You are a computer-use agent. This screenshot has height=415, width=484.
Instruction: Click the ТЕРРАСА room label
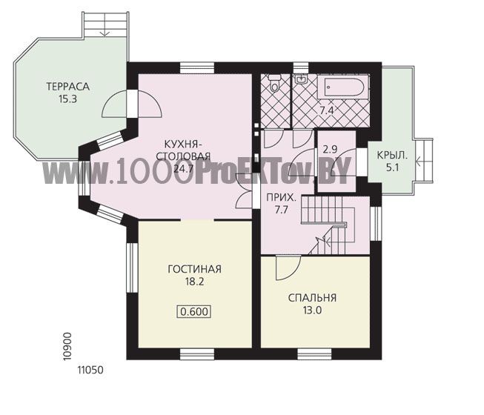click(x=68, y=87)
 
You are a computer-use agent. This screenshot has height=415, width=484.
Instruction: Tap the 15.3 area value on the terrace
click(x=67, y=99)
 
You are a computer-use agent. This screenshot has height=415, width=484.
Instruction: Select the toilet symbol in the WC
click(x=274, y=83)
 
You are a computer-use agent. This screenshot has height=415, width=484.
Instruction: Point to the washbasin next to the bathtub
click(x=301, y=79)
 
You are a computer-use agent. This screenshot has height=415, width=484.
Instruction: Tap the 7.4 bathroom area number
click(x=327, y=110)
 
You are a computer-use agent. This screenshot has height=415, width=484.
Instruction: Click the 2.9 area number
click(x=330, y=150)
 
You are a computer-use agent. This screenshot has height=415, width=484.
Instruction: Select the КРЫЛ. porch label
click(x=392, y=155)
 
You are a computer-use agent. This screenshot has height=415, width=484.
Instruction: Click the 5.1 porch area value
click(x=392, y=167)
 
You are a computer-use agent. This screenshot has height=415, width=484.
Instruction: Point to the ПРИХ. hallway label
click(x=281, y=197)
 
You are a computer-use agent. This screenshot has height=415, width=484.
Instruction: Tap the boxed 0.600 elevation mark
click(x=194, y=312)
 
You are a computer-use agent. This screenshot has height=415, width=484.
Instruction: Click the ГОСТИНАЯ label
click(x=194, y=269)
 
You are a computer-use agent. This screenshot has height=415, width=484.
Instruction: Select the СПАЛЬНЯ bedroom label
click(x=312, y=298)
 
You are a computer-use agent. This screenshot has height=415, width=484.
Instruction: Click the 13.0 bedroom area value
click(x=312, y=311)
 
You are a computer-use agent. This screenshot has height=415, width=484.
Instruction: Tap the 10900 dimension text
click(x=67, y=346)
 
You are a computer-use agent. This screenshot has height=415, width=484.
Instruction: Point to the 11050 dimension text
click(x=90, y=370)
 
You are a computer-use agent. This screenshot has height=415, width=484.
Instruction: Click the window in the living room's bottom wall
click(x=197, y=354)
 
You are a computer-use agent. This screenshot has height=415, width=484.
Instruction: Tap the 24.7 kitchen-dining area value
click(x=183, y=168)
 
